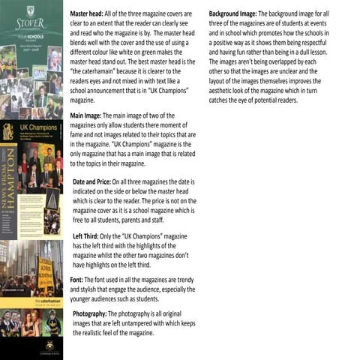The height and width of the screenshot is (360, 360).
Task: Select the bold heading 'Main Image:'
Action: pyautogui.click(x=85, y=116)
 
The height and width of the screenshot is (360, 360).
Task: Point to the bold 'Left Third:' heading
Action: pyautogui.click(x=88, y=236)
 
